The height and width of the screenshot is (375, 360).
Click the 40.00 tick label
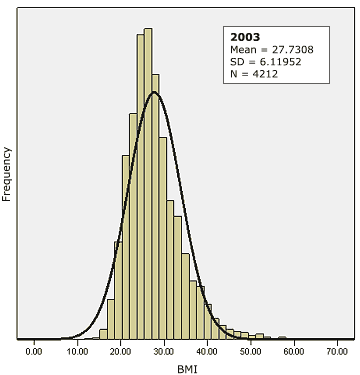tap(208, 351)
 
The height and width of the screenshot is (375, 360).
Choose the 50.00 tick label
tap(252, 351)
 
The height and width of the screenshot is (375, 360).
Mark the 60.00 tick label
tap(296, 351)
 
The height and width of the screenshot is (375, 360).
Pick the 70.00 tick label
tap(339, 351)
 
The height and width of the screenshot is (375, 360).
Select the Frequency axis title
tap(8, 174)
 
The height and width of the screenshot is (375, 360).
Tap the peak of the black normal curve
tap(154, 93)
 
